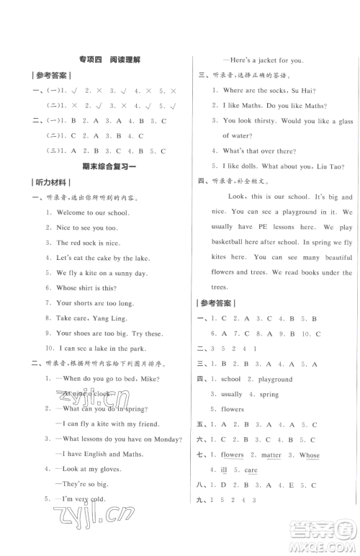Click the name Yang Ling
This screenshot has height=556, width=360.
(114, 318)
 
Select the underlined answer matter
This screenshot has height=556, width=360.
(271, 455)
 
